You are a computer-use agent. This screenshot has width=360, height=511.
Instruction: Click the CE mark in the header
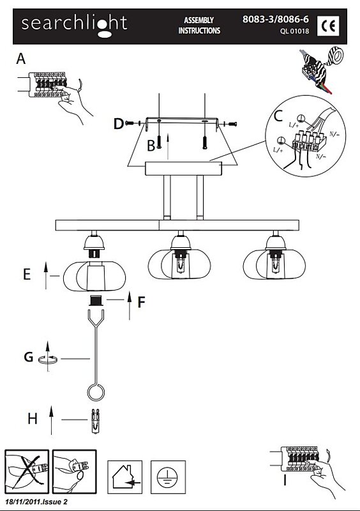click(327, 26)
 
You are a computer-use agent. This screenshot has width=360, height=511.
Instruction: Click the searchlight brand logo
click(74, 26)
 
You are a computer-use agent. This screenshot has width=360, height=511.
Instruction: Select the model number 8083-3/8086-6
click(275, 19)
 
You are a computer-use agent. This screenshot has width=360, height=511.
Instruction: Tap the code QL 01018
click(294, 31)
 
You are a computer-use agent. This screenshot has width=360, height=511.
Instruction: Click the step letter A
click(21, 59)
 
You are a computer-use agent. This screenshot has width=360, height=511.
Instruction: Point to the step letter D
click(119, 124)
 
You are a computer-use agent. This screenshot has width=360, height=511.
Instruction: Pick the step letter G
click(29, 357)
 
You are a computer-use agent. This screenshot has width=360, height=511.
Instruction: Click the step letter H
click(33, 418)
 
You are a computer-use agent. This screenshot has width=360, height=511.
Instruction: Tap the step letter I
click(285, 480)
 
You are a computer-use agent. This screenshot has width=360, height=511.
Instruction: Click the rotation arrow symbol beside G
click(49, 358)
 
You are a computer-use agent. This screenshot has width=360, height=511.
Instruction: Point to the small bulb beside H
click(95, 421)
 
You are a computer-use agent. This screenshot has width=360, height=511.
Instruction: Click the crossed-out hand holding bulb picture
click(27, 471)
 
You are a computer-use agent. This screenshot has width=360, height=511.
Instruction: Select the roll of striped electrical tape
click(334, 56)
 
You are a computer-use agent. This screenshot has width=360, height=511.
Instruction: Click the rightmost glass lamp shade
click(274, 264)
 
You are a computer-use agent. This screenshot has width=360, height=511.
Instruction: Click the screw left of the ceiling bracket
click(130, 123)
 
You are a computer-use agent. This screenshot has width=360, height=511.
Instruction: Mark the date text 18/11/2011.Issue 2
click(36, 501)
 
